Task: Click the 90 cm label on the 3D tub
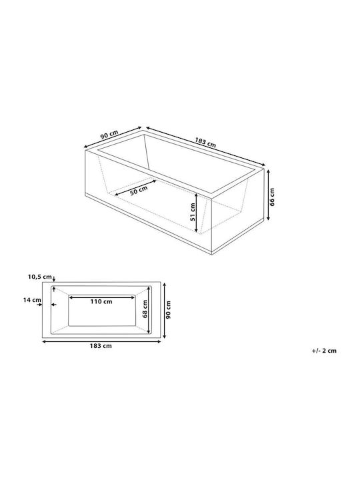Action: click(x=109, y=135)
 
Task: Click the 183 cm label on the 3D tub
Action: click(x=205, y=142)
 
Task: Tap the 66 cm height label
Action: click(x=273, y=197)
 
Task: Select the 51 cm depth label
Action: click(x=192, y=212)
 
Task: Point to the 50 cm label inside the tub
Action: click(x=139, y=191)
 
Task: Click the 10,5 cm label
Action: click(x=40, y=277)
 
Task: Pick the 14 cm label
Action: click(x=32, y=300)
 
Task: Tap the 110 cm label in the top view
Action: click(x=101, y=302)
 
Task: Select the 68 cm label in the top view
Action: click(x=145, y=309)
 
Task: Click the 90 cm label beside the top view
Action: click(x=168, y=310)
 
